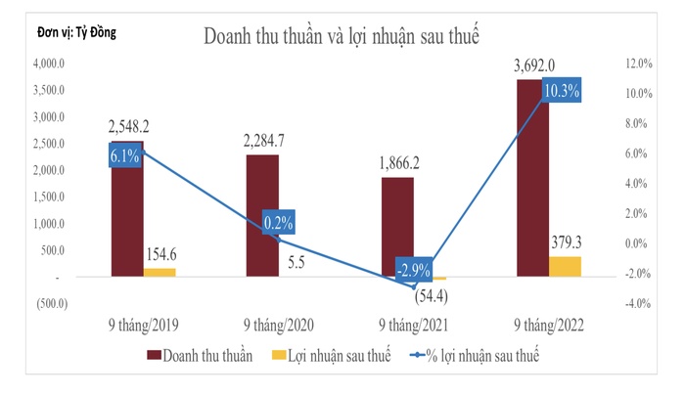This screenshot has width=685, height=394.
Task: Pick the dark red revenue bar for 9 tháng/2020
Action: coord(262,216)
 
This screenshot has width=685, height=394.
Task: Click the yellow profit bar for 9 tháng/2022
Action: coord(565,267)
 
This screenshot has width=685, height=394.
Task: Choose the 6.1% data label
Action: coord(124,155)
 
